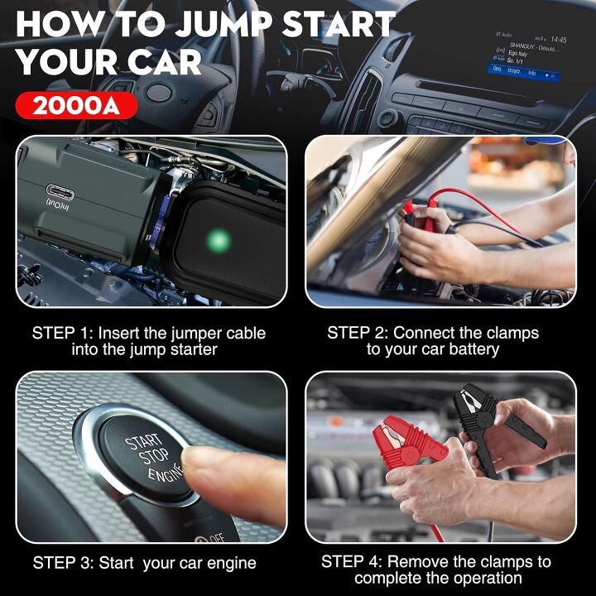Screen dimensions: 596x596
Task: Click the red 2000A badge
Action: [76, 106]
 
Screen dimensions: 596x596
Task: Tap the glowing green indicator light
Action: [219, 241]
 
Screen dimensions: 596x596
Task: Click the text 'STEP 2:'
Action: [358, 333]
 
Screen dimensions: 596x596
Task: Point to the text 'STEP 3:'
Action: [63, 563]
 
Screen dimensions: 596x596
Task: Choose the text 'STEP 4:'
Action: [352, 561]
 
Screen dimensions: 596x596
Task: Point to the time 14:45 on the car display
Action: [559, 39]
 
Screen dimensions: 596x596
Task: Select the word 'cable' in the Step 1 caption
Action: [241, 333]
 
